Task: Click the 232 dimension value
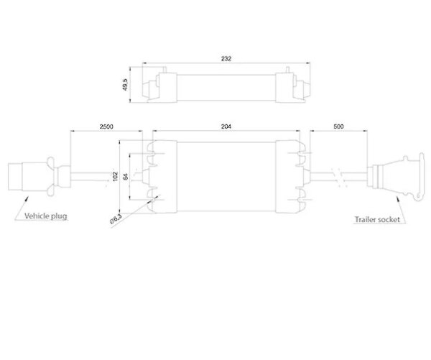[226, 59]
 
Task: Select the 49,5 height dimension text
[125, 85]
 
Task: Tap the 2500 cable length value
[106, 126]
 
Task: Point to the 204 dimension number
[226, 126]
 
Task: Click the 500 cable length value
[338, 126]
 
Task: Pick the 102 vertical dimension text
[116, 176]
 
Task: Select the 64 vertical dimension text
[126, 176]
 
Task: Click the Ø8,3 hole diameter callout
[116, 219]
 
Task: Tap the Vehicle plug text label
[46, 216]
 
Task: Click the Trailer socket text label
[377, 219]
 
